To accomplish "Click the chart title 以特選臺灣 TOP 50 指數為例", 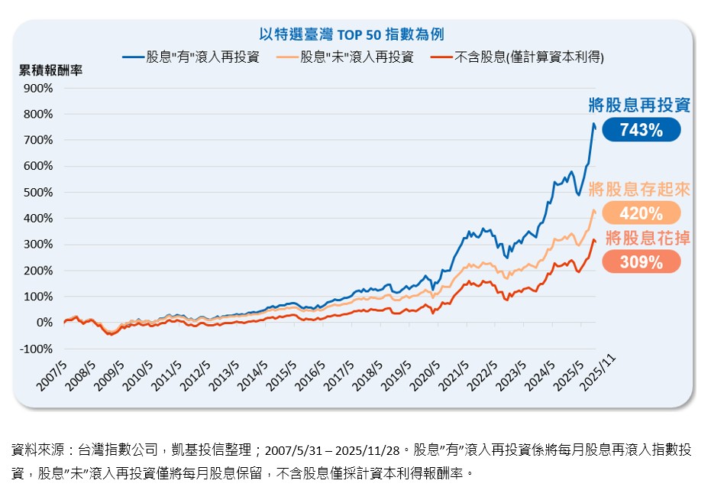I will pyautogui.click(x=351, y=34).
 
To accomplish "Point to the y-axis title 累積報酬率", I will pyautogui.click(x=50, y=70).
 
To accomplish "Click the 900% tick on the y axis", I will pyautogui.click(x=38, y=88).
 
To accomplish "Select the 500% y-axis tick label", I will pyautogui.click(x=38, y=193).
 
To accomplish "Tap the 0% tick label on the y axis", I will pyautogui.click(x=44, y=323).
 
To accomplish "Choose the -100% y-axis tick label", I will pyautogui.click(x=36, y=349).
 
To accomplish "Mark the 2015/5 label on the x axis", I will pyautogui.click(x=281, y=373).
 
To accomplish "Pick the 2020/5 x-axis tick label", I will pyautogui.click(x=425, y=373).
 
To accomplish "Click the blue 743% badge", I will pyautogui.click(x=641, y=131).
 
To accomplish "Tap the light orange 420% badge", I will pyautogui.click(x=641, y=213).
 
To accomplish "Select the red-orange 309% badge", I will pyautogui.click(x=641, y=263).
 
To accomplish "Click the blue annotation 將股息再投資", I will pyautogui.click(x=639, y=106).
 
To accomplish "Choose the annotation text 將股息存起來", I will pyautogui.click(x=639, y=190).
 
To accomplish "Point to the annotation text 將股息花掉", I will pyautogui.click(x=648, y=238).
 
